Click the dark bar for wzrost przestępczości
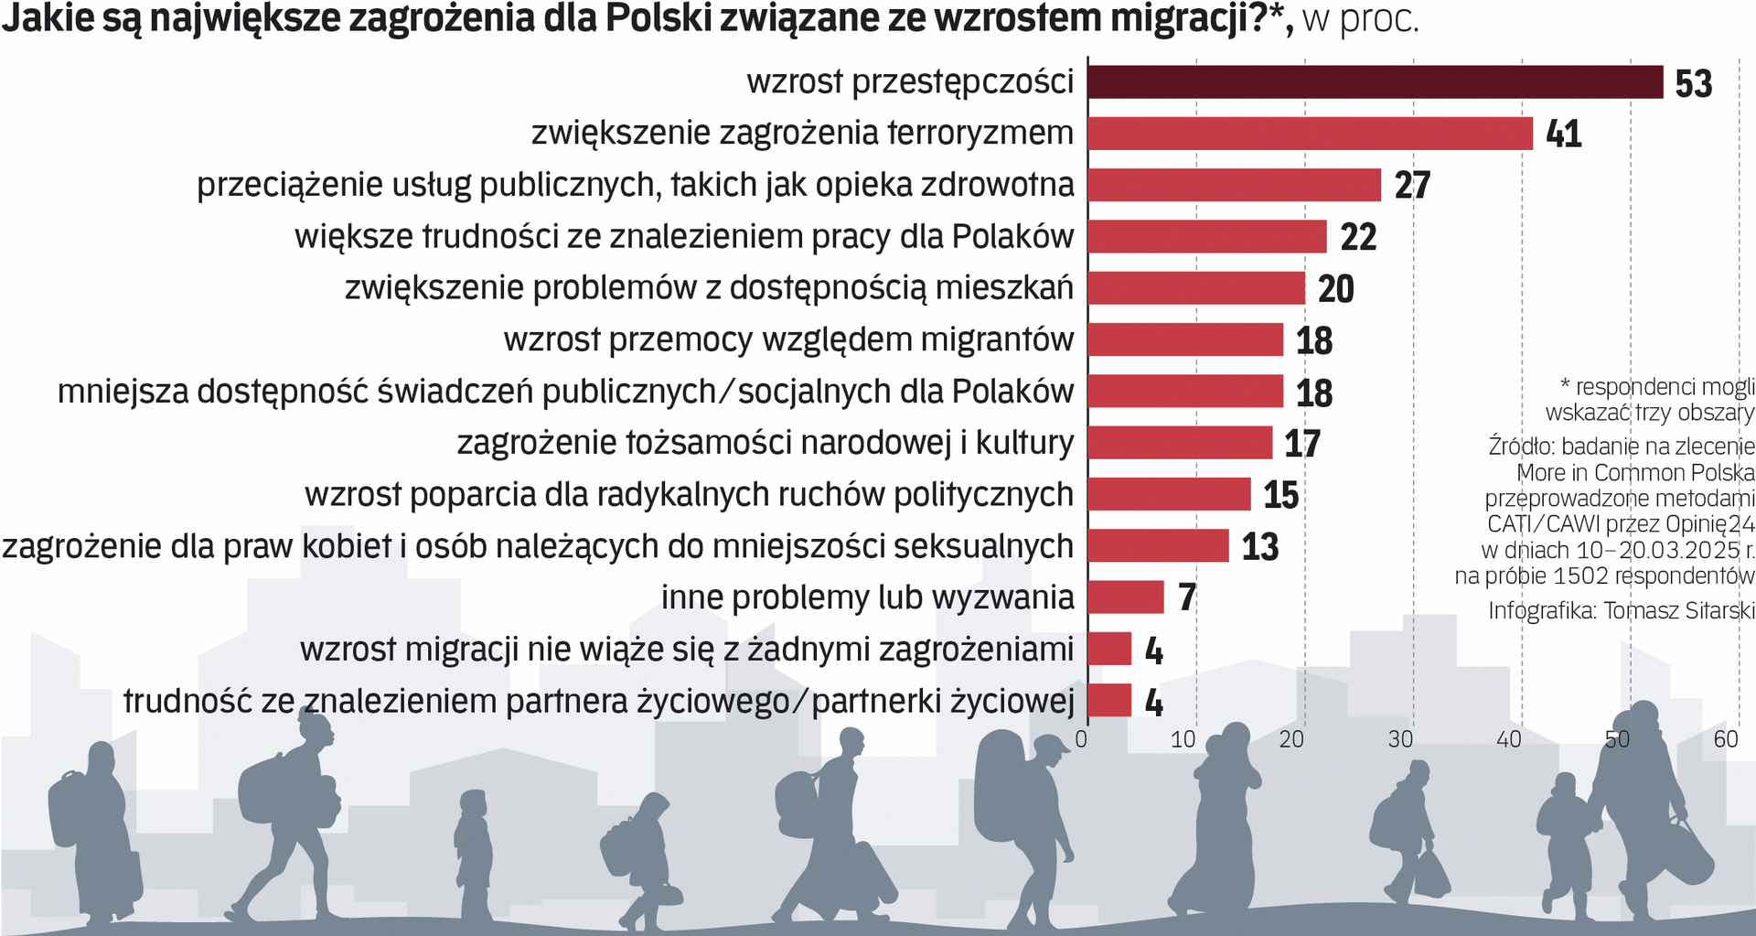click(1375, 82)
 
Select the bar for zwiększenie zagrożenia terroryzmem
click(1310, 134)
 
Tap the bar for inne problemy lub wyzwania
click(1126, 597)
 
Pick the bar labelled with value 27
click(1234, 185)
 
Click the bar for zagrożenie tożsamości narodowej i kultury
click(1180, 443)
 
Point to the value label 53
click(1693, 84)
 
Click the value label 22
click(1358, 238)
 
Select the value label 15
click(1280, 496)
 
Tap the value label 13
click(1259, 547)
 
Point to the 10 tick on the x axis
click(1183, 739)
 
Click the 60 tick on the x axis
click(1725, 739)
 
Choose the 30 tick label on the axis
click(1399, 739)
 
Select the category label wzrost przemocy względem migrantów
click(788, 339)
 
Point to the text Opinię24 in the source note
click(1709, 524)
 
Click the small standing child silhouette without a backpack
click(473, 851)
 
